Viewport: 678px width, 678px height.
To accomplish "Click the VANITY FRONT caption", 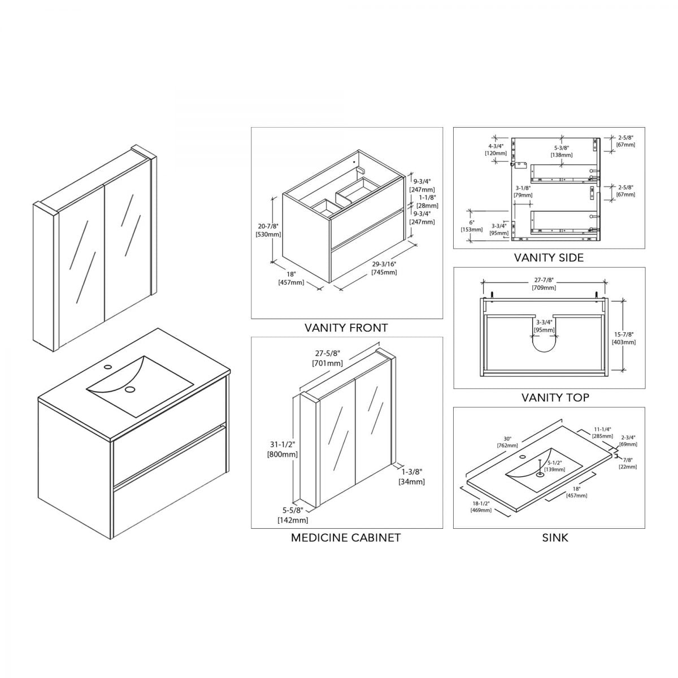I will click(346, 327).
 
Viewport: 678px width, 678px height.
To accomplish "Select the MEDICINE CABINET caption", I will click(346, 537).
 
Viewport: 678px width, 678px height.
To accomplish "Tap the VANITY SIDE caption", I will click(549, 258).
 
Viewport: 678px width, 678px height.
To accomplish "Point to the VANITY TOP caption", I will click(555, 397).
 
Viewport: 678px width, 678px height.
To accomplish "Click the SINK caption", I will click(555, 537).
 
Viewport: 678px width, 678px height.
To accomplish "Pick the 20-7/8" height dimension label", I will click(268, 226).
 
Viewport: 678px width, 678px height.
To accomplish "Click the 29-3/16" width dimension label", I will click(384, 264).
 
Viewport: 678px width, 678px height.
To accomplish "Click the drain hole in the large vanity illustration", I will click(131, 390).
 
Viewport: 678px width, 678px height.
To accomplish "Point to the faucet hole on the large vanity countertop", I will click(108, 366).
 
